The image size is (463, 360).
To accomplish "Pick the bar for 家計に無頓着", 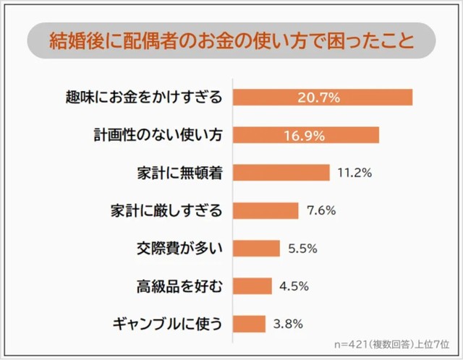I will [x=282, y=173].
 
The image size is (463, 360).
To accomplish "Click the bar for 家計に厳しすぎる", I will [x=266, y=210].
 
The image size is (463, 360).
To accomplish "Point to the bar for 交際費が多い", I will [x=257, y=248].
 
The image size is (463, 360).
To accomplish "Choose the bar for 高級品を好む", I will [x=252, y=286].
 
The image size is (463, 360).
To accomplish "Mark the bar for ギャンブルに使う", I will [x=250, y=323].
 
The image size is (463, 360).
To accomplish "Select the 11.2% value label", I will [x=354, y=173].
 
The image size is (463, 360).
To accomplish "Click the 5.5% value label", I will [x=303, y=248].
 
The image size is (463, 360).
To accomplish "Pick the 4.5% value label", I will [x=294, y=286].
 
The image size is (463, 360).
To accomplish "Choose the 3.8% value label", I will [x=289, y=323].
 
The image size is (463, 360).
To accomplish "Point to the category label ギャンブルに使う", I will [x=166, y=323].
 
